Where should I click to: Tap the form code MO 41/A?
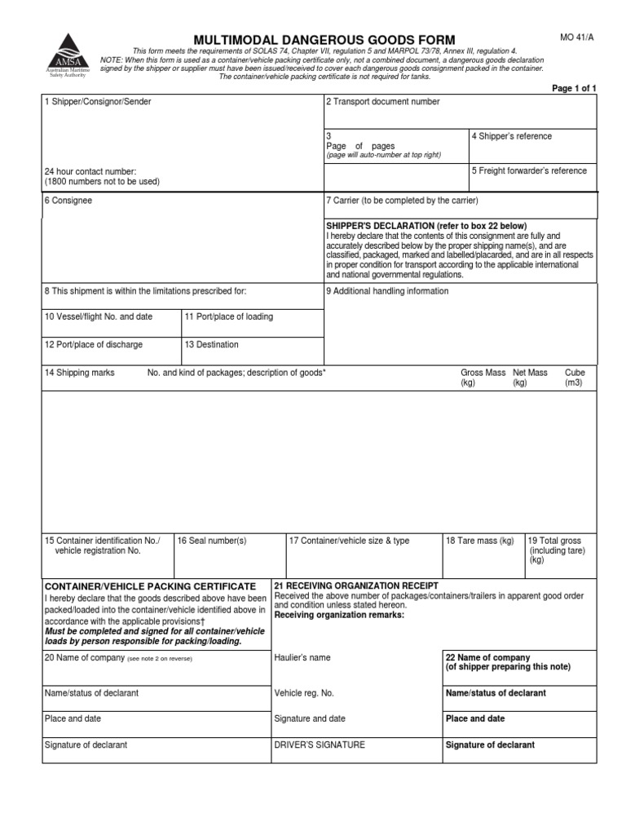click(576, 37)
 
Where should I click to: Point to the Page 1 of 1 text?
click(575, 88)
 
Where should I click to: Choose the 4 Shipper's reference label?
click(512, 136)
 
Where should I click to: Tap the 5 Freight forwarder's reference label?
click(529, 171)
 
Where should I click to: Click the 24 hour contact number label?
click(90, 172)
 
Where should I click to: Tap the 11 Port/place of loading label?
click(229, 316)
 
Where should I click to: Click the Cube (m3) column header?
click(575, 377)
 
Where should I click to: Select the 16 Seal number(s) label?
click(211, 541)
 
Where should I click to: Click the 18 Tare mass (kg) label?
click(480, 541)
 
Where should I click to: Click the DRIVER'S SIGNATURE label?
click(320, 744)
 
